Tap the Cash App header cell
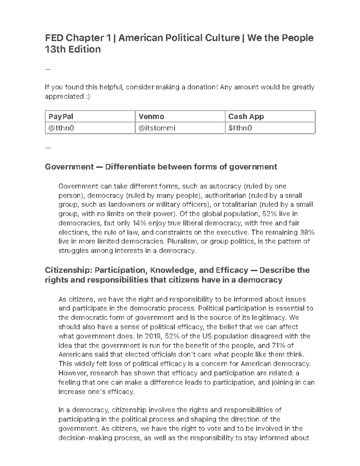click(246, 116)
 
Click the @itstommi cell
click(157, 128)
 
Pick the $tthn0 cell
click(240, 128)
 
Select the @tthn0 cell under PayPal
click(61, 128)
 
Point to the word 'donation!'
click(204, 87)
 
